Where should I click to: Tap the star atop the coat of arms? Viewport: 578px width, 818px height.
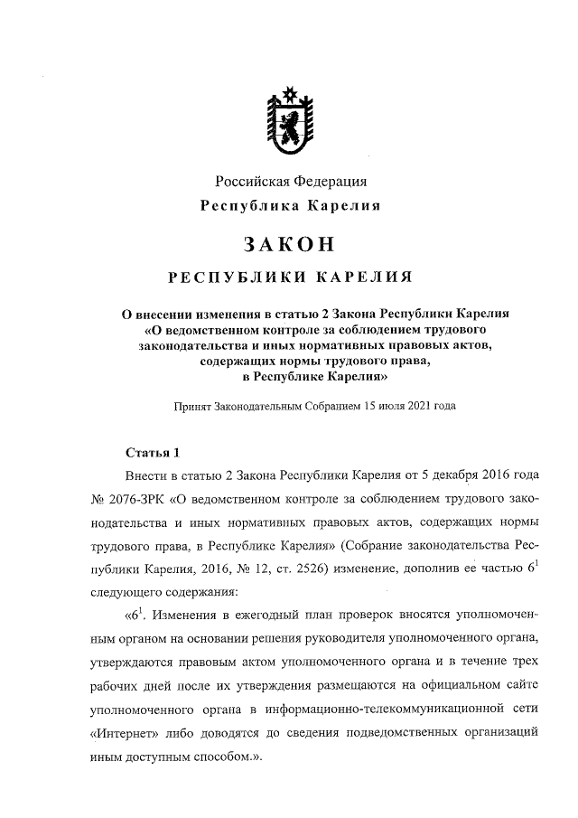coord(290,91)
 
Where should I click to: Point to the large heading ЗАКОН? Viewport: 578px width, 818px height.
coord(289,244)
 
